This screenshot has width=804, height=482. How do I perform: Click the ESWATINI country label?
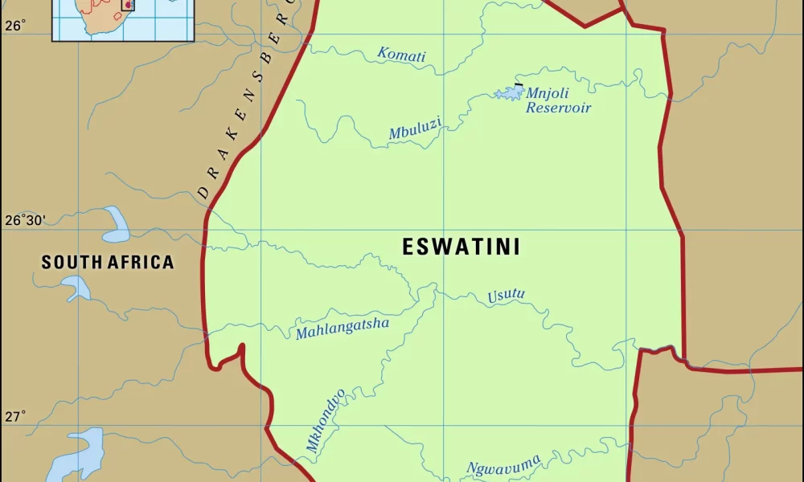pyautogui.click(x=461, y=247)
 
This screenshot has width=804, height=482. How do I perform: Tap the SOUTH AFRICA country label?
pyautogui.click(x=108, y=262)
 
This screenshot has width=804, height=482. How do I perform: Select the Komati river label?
pyautogui.click(x=401, y=55)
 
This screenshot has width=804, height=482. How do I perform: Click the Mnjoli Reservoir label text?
pyautogui.click(x=558, y=100)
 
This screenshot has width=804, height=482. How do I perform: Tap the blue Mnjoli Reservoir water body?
pyautogui.click(x=509, y=93)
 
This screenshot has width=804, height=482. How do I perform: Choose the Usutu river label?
pyautogui.click(x=506, y=296)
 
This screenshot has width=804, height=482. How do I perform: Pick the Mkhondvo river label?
pyautogui.click(x=326, y=420)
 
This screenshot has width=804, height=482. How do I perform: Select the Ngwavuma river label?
pyautogui.click(x=504, y=464)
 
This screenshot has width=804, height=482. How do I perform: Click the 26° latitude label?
pyautogui.click(x=15, y=26)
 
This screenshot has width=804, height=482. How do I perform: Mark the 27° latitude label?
pyautogui.click(x=15, y=416)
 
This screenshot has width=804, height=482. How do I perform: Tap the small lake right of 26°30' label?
pyautogui.click(x=115, y=225)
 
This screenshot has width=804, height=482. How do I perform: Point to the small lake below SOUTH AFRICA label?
pyautogui.click(x=76, y=288)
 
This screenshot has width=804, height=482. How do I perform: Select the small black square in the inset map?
pyautogui.click(x=127, y=5)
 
